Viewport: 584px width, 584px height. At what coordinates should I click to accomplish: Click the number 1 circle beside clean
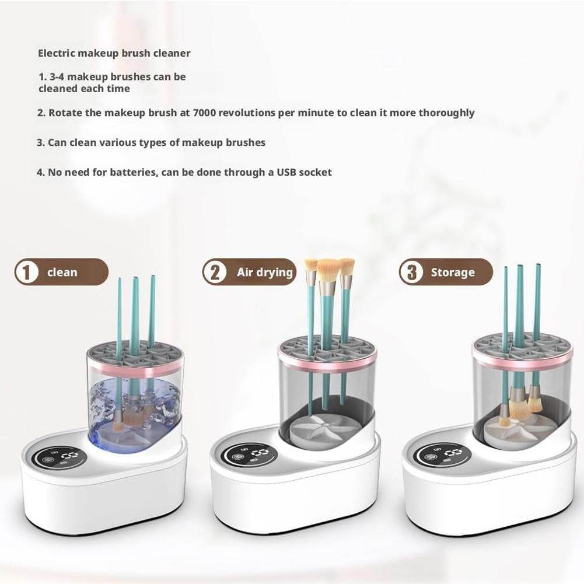pos(26,272)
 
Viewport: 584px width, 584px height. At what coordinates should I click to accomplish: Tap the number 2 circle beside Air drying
pos(215,272)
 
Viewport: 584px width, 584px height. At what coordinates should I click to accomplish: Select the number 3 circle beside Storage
pos(412,272)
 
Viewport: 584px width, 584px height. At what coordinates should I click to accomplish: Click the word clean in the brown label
pos(62,272)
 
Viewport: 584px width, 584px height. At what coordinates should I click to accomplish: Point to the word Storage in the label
pos(453,272)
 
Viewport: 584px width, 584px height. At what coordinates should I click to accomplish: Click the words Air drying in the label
pos(264,272)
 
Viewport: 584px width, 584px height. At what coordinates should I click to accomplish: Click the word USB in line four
pos(284,172)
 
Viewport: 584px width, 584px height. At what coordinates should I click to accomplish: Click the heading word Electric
pos(56,53)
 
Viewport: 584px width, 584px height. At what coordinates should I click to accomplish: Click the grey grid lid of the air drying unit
pos(327,344)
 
